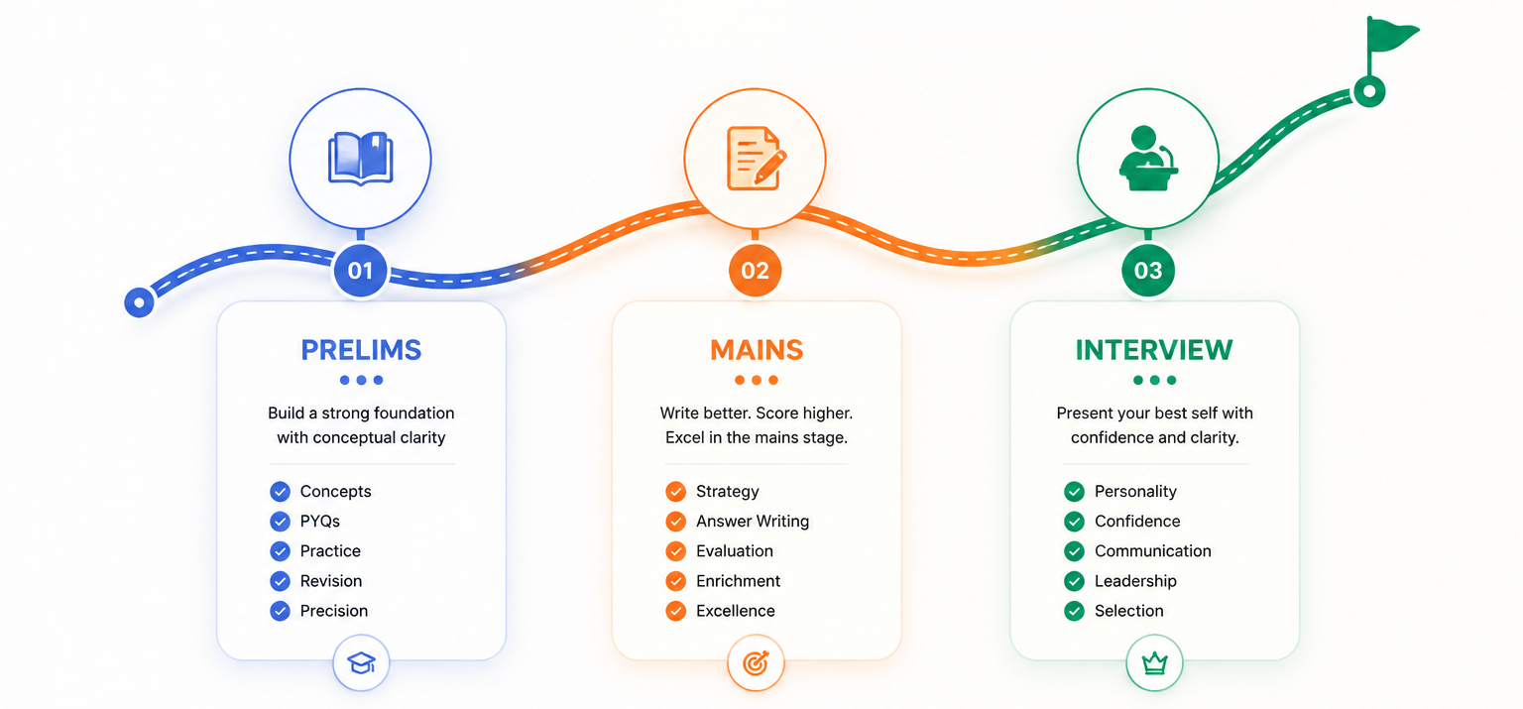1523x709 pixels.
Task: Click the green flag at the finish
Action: pos(1390,38)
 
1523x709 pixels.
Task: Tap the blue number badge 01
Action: pos(360,271)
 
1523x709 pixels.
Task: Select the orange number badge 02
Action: pos(755,271)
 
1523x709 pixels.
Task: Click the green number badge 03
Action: pos(1148,271)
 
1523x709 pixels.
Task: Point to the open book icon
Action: pos(360,159)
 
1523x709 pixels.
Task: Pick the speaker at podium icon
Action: pos(1148,159)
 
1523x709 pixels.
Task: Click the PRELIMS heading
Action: pos(361,350)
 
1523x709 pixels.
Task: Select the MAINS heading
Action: pos(757,350)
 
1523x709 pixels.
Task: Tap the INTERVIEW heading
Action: pos(1154,350)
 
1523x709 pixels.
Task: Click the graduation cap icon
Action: pos(361,662)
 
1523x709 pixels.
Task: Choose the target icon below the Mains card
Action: pos(757,662)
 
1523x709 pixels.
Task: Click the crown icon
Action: pos(1154,662)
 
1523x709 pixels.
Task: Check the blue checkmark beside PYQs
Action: pos(281,522)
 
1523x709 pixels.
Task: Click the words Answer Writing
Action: pos(753,522)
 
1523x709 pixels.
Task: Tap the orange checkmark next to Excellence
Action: pos(676,611)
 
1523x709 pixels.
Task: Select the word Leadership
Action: pos(1135,581)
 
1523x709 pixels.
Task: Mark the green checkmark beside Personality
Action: pos(1074,492)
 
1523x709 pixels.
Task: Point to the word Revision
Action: pos(331,581)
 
